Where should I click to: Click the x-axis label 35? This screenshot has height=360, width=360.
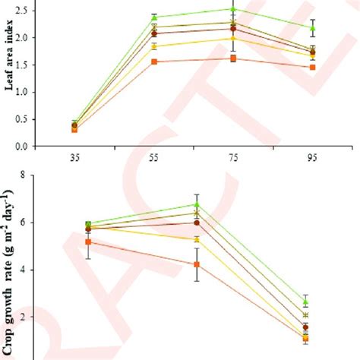(x=73, y=160)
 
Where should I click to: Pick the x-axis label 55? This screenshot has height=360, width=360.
(x=154, y=160)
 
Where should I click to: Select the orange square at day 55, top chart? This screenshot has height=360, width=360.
(x=154, y=62)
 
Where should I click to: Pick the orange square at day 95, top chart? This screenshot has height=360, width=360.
(x=313, y=67)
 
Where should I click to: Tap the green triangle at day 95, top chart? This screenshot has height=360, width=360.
(x=313, y=27)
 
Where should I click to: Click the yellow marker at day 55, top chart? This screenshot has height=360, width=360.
(x=154, y=46)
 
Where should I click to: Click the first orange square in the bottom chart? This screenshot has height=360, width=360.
(x=73, y=242)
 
